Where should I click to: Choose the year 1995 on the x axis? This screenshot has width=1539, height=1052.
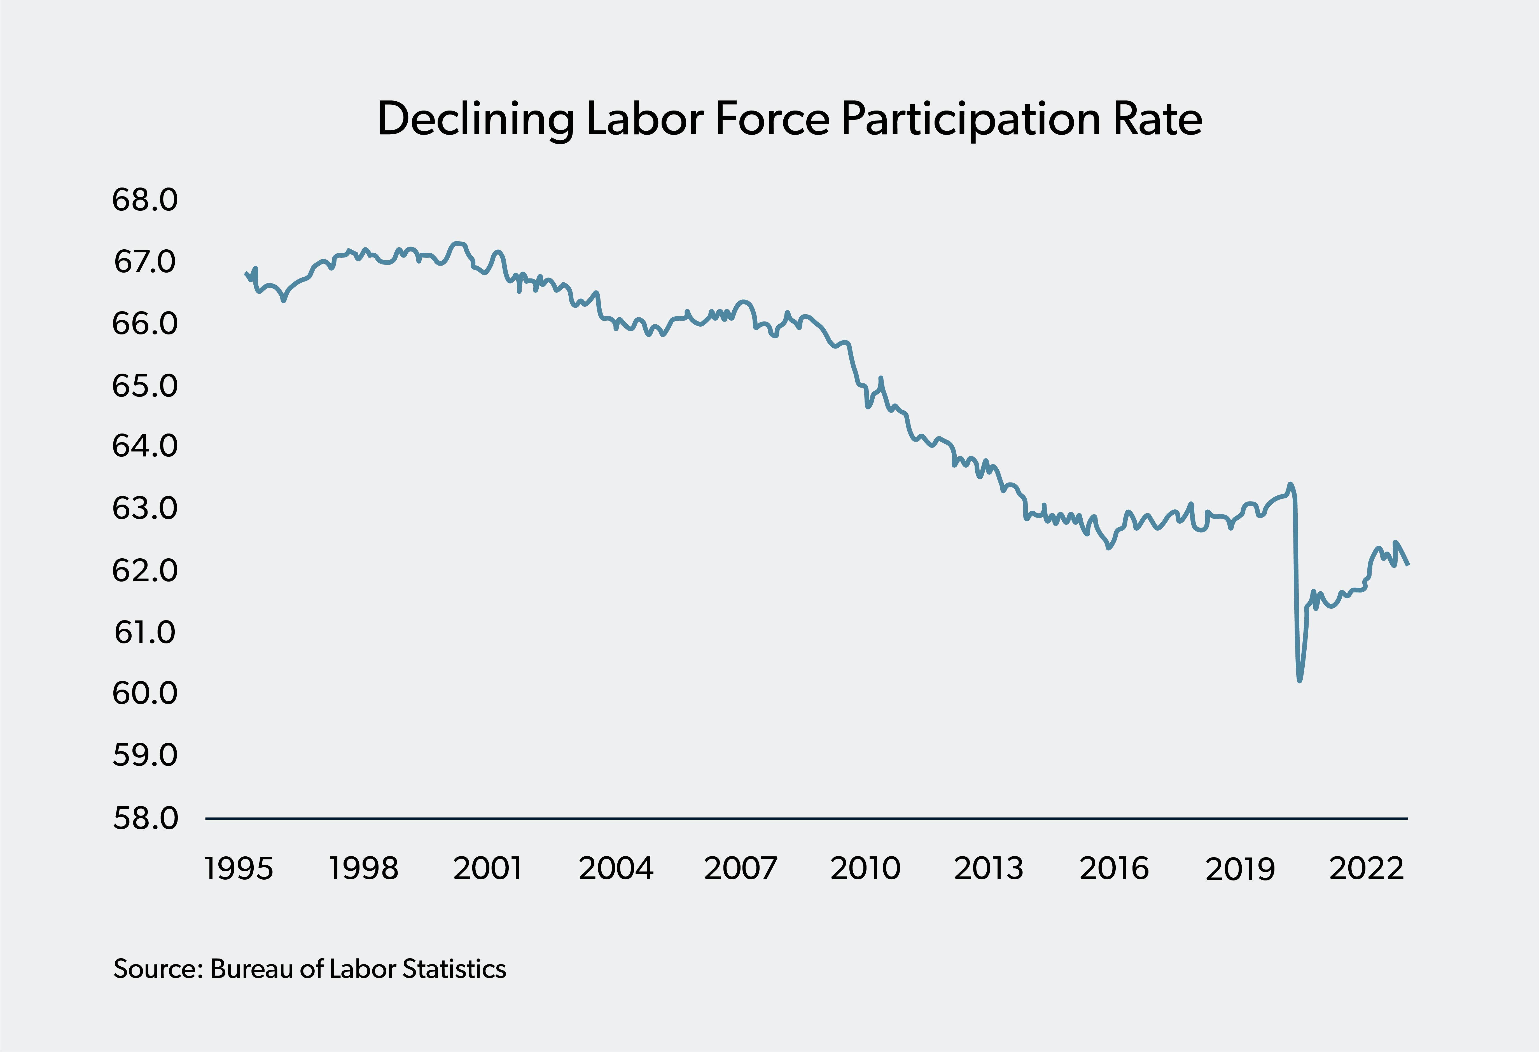click(x=239, y=869)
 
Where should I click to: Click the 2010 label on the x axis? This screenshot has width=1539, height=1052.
click(x=865, y=869)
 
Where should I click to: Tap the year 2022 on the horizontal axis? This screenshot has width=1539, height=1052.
click(x=1366, y=869)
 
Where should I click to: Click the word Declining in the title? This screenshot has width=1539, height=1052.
click(x=475, y=120)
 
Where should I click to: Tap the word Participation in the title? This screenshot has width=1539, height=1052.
click(x=971, y=120)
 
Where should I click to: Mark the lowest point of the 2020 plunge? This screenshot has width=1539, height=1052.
click(x=1299, y=680)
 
